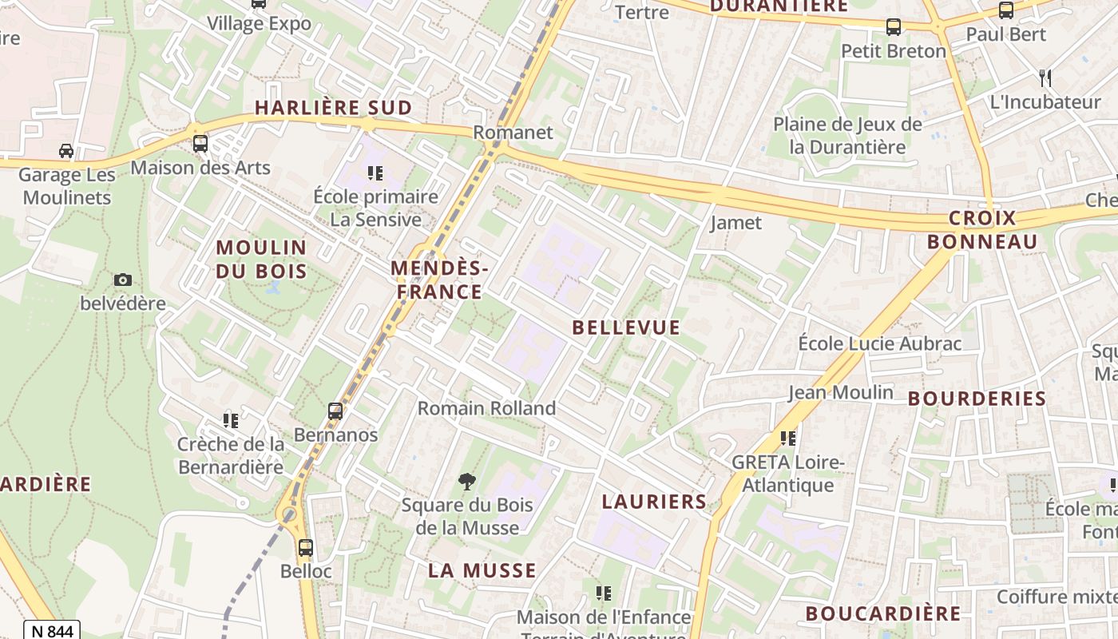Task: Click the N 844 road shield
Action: [x=52, y=631]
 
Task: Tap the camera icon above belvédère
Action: [x=122, y=280]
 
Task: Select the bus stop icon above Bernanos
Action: [x=335, y=411]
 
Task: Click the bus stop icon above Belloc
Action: [x=305, y=548]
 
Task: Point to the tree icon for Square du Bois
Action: [x=467, y=481]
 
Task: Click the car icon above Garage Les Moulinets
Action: [x=66, y=150]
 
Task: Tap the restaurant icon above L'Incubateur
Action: [x=1045, y=77]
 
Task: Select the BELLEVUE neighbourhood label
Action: [x=626, y=327]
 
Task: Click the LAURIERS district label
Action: [x=654, y=502]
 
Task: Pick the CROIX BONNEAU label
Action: [x=982, y=229]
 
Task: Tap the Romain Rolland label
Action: [x=486, y=408]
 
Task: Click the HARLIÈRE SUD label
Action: [x=333, y=108]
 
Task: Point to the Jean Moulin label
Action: [x=841, y=392]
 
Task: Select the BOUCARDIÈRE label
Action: [x=882, y=613]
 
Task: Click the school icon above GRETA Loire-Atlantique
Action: [x=788, y=438]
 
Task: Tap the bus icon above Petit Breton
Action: [x=894, y=27]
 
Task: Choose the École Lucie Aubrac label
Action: [x=880, y=343]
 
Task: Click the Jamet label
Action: [x=735, y=223]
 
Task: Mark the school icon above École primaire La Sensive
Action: [x=375, y=173]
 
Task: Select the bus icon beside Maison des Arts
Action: [x=200, y=144]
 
